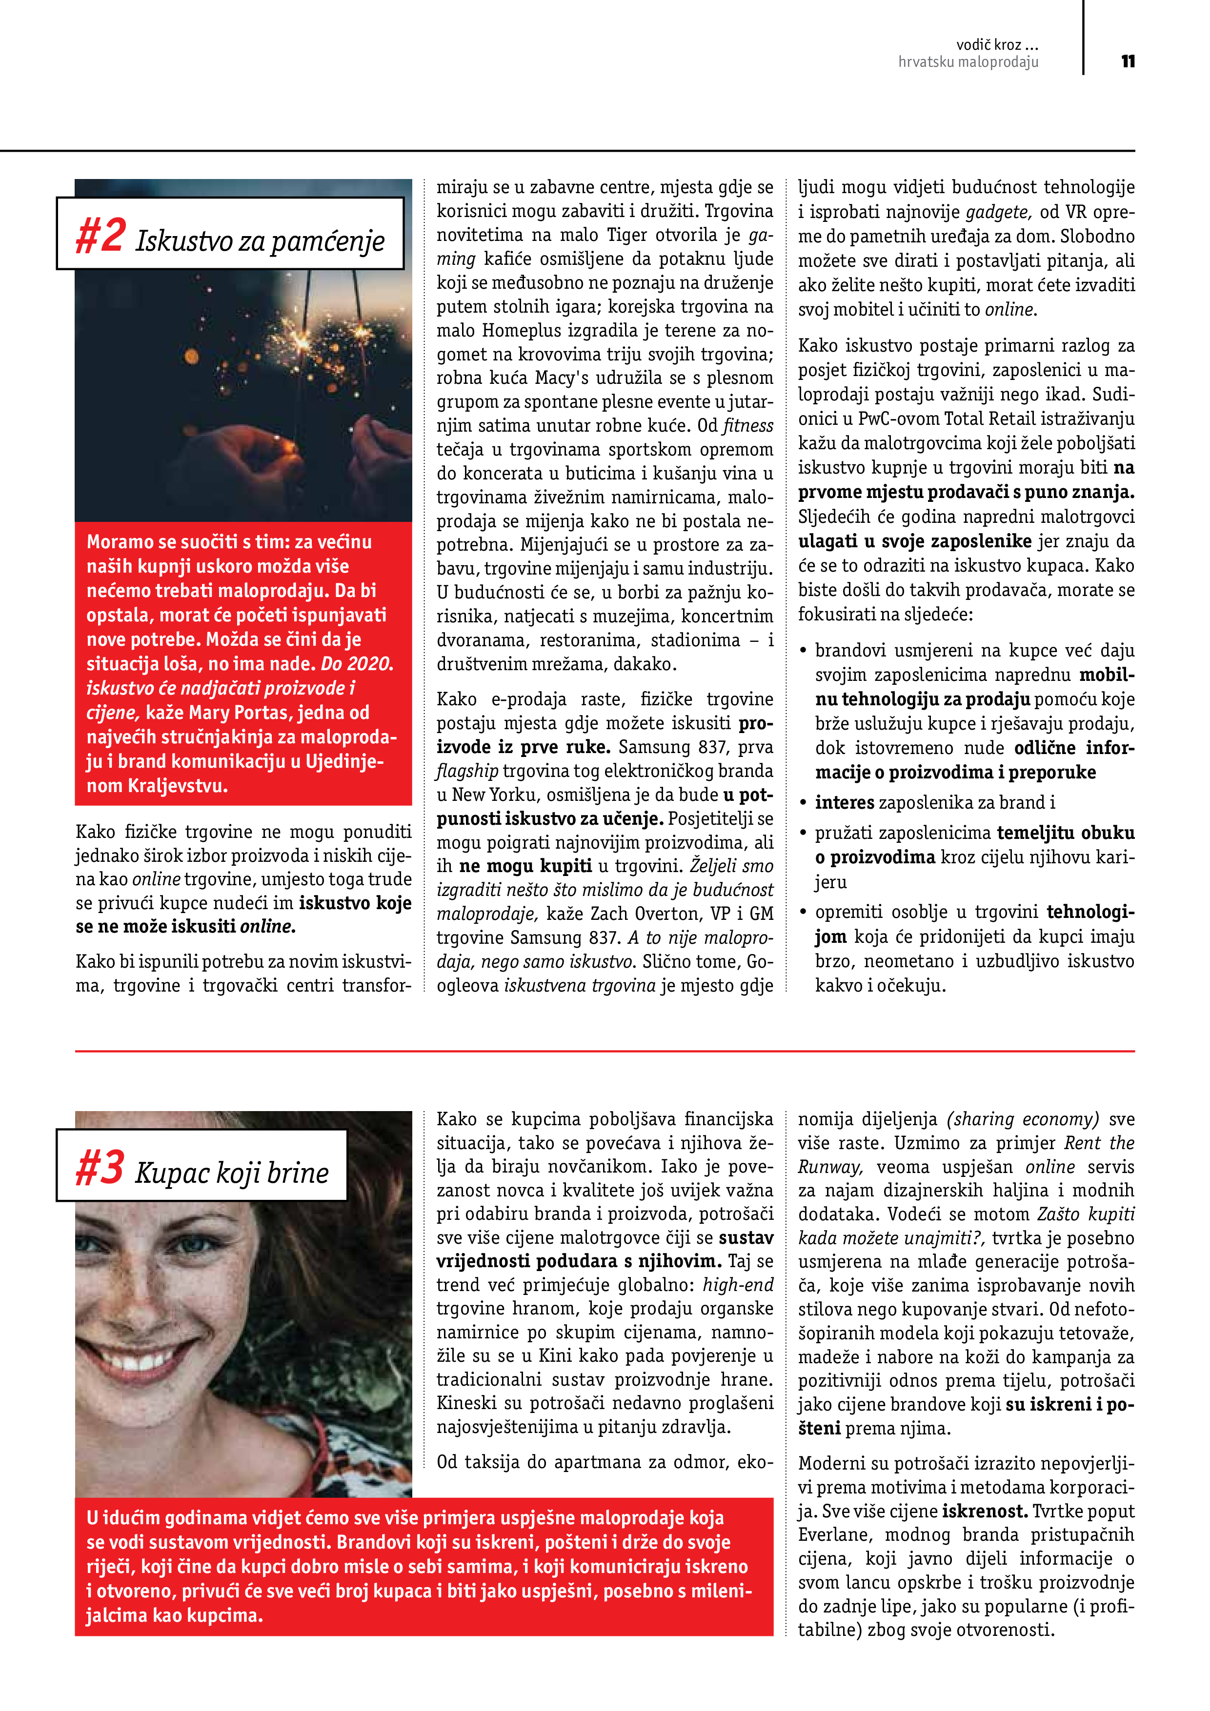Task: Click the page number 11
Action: [1128, 61]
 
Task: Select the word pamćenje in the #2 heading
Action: [327, 241]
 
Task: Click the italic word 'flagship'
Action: [467, 771]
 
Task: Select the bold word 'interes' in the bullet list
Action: [844, 803]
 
